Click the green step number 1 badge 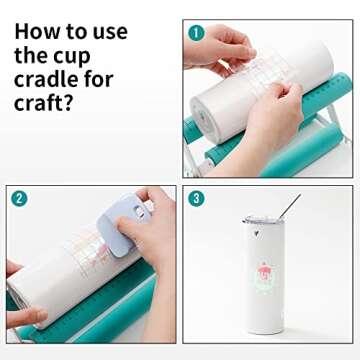196,32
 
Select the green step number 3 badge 196,198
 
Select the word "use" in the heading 110,31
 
